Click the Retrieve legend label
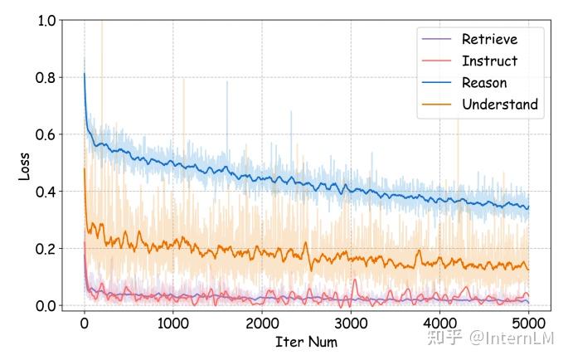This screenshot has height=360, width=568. (x=489, y=39)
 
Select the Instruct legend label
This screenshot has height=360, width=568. (x=489, y=61)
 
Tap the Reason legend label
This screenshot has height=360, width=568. (x=484, y=83)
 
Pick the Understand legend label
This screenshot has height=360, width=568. (x=500, y=105)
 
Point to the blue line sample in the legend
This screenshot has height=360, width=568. (x=438, y=83)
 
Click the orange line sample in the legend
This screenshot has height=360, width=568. (x=438, y=105)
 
